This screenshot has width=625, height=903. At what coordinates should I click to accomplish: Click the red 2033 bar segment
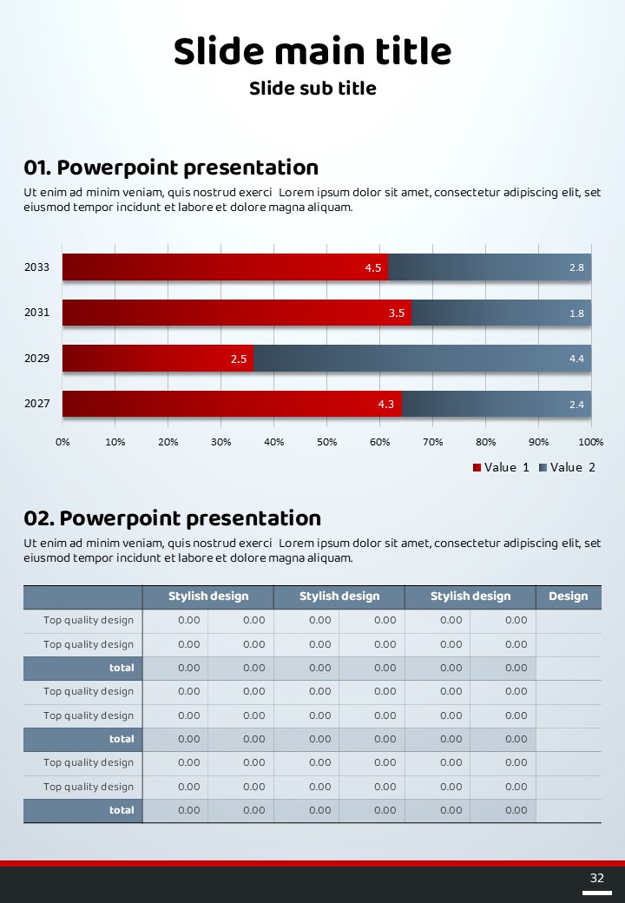[225, 267]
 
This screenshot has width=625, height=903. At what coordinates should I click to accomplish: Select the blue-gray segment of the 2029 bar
[422, 358]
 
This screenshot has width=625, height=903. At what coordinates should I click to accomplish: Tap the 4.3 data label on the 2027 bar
[385, 405]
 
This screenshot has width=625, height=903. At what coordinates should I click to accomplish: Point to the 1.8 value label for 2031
[576, 313]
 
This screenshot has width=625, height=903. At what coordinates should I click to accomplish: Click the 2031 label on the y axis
[36, 313]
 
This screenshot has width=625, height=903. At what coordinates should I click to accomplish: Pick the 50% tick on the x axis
[326, 442]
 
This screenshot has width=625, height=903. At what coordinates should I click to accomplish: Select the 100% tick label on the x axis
[591, 442]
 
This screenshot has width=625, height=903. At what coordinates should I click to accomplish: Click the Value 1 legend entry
[501, 467]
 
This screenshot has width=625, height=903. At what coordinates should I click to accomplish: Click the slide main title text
[312, 52]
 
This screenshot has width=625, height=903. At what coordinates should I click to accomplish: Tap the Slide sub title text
[312, 89]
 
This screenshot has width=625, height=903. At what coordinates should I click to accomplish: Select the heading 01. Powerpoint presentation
[171, 168]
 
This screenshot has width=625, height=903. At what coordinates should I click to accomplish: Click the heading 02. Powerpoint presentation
[172, 518]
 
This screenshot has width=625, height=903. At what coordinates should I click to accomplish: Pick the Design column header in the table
[568, 597]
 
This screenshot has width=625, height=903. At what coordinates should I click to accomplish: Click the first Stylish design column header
[208, 597]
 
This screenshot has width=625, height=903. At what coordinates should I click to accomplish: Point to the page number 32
[596, 878]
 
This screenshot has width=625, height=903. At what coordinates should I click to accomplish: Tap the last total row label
[122, 810]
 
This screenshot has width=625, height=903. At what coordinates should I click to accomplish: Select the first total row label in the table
[122, 668]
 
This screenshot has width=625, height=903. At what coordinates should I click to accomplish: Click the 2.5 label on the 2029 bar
[239, 359]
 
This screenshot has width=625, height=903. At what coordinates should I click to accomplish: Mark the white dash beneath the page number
[597, 892]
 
